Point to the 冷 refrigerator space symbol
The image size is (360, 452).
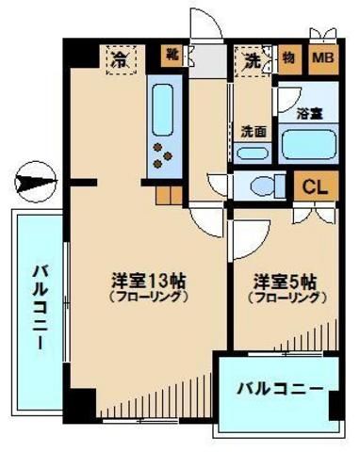(120, 60)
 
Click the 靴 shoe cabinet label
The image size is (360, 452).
(172, 53)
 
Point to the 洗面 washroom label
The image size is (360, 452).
(252, 130)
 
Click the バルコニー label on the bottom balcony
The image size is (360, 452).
(279, 387)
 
